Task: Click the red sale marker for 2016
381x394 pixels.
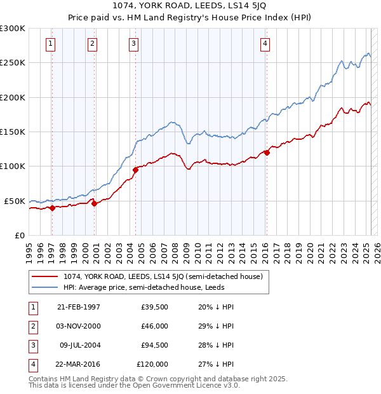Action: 267,152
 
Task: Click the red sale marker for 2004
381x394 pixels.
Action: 136,170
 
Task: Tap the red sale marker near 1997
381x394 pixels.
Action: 52,208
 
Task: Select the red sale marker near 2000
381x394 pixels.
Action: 94,203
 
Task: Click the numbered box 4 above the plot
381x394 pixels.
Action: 265,43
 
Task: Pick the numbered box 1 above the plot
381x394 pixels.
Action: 50,43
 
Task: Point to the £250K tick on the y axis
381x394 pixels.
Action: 13,63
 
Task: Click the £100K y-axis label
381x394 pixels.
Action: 13,166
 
